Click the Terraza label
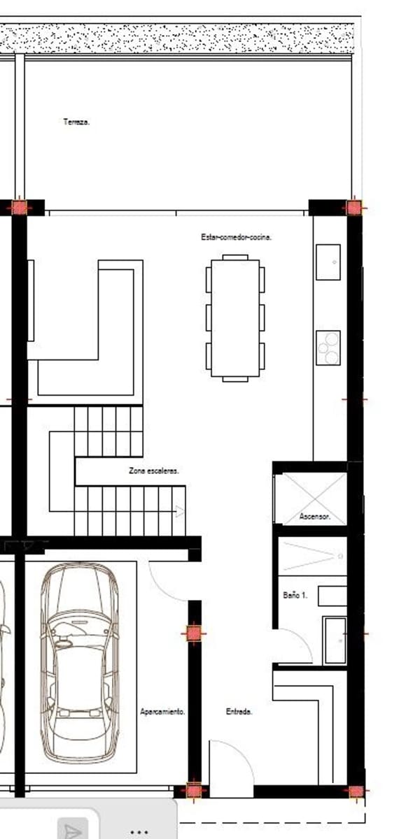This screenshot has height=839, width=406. click(76, 122)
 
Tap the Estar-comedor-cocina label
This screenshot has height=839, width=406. click(236, 238)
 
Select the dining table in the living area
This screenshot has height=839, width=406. click(235, 318)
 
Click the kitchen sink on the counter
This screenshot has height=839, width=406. click(328, 262)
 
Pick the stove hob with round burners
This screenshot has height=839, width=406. click(328, 347)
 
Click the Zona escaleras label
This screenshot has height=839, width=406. click(154, 471)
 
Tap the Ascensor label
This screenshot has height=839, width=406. click(314, 517)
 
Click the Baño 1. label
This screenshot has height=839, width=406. click(295, 595)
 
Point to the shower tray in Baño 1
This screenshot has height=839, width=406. click(312, 557)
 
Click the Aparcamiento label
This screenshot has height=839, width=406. click(162, 712)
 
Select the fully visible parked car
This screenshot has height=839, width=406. click(79, 663)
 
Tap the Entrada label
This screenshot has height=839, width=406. click(239, 712)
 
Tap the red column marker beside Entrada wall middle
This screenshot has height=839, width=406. click(194, 633)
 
